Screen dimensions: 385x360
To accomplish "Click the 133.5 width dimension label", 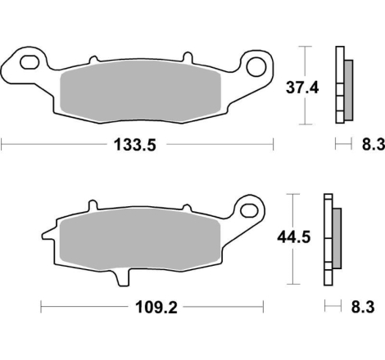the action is pyautogui.click(x=135, y=145).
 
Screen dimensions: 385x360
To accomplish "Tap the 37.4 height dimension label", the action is pyautogui.click(x=302, y=88).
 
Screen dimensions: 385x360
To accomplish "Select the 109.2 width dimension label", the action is pyautogui.click(x=156, y=308).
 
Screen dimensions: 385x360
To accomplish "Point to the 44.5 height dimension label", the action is pyautogui.click(x=294, y=237).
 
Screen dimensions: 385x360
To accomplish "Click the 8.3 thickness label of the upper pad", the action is pyautogui.click(x=374, y=144).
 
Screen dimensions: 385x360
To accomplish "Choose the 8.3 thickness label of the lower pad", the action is pyautogui.click(x=363, y=307).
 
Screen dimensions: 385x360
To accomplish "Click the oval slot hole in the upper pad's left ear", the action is pyautogui.click(x=29, y=62).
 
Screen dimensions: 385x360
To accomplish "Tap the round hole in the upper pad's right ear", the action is pyautogui.click(x=256, y=67).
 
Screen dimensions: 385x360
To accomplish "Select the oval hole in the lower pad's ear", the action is pyautogui.click(x=249, y=210).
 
